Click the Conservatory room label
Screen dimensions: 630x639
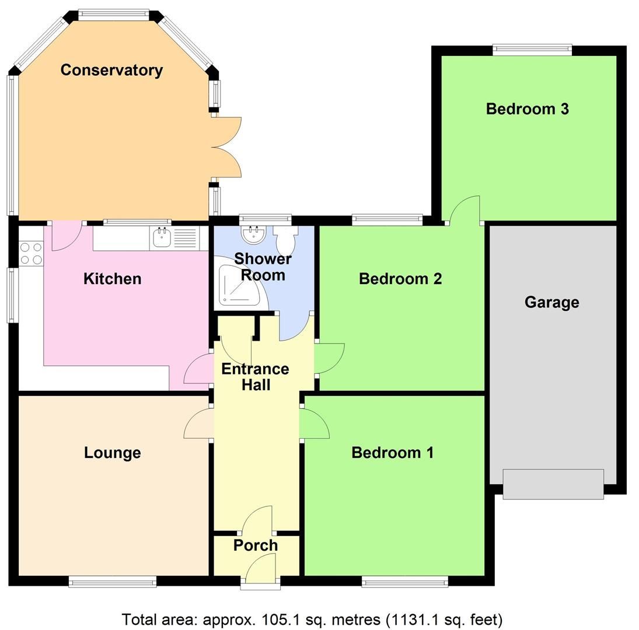[111, 70]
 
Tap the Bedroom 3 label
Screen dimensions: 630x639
[527, 109]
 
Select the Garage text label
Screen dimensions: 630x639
[551, 302]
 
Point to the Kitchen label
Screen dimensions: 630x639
[113, 279]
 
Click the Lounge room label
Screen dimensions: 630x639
[113, 453]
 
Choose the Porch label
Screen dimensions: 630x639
[256, 545]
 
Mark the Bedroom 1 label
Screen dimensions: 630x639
[392, 453]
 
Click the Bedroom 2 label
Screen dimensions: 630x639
[400, 279]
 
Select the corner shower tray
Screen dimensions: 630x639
[241, 286]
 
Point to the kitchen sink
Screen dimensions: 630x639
[162, 237]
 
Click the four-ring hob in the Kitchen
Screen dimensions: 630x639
[31, 254]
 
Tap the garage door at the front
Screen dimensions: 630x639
[553, 484]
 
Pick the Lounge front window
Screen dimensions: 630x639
[112, 581]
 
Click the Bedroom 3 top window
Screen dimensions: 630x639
[531, 50]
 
